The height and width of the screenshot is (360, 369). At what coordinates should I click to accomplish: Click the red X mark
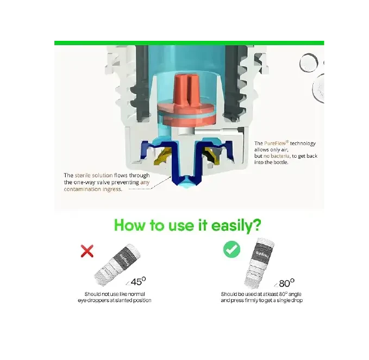click(87, 251)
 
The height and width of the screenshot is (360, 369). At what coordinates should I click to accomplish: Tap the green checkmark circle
click(232, 249)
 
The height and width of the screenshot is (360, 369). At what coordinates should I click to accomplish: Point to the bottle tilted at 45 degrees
click(117, 265)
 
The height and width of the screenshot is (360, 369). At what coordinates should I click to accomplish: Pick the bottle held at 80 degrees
click(259, 263)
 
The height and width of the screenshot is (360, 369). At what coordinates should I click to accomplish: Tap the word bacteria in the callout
click(280, 156)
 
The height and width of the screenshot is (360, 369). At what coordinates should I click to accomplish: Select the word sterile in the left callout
click(83, 175)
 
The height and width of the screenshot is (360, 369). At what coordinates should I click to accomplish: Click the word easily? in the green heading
click(236, 226)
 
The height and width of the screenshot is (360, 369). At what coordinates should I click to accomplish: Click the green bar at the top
click(189, 43)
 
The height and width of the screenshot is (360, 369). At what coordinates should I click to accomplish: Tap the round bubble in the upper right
click(309, 63)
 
